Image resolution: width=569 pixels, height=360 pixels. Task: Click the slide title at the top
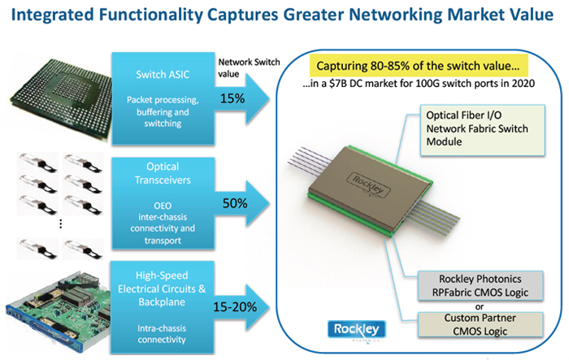tap(284, 15)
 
